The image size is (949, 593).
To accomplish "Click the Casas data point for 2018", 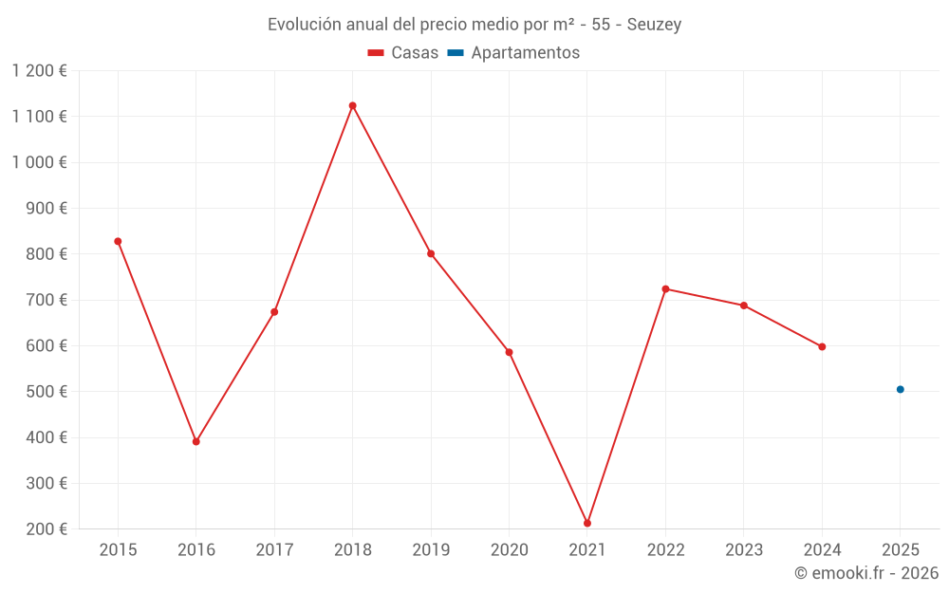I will click(x=352, y=106).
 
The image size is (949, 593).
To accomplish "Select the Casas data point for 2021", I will click(x=587, y=523).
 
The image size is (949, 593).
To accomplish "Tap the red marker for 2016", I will click(x=196, y=441).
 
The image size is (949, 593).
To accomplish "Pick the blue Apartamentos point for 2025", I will click(x=901, y=389).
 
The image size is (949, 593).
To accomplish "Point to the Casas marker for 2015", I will click(x=118, y=241).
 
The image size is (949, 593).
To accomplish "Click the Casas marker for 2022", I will click(x=665, y=288).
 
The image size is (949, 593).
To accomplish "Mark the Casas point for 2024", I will click(x=822, y=346).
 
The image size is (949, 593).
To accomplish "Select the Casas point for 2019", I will click(x=431, y=253).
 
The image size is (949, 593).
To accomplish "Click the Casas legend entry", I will click(x=403, y=53).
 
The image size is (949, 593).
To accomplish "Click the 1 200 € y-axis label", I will click(x=39, y=70).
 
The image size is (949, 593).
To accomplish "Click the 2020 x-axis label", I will click(x=509, y=550).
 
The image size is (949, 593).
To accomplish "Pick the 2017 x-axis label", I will click(x=274, y=550).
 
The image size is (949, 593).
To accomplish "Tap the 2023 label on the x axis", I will click(x=743, y=550).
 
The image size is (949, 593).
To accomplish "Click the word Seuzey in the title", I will click(x=654, y=25).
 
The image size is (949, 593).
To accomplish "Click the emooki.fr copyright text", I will click(x=866, y=573).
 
